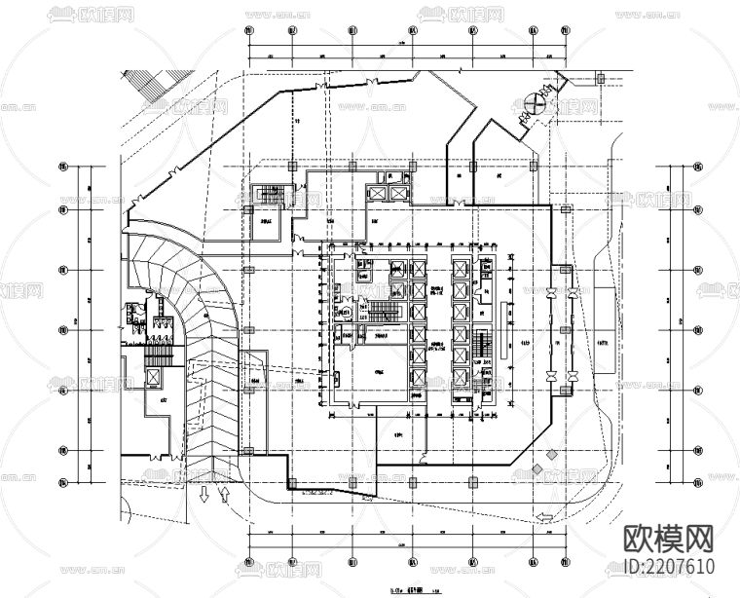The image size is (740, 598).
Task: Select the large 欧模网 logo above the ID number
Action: [667, 540]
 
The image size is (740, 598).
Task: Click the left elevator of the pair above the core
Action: [375, 192]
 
